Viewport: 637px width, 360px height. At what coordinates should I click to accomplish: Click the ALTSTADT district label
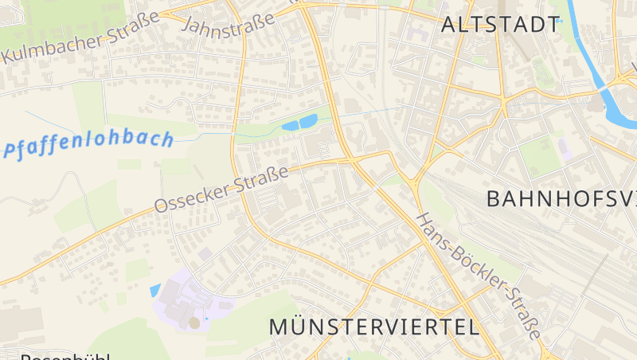point(501,24)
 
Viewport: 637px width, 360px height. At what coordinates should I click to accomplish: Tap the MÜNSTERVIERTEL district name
point(374,327)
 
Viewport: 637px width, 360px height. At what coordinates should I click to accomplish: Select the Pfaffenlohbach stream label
point(88,144)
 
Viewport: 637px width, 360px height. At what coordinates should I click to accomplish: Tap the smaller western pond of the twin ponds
point(288,126)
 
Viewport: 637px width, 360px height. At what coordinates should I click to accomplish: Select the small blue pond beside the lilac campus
point(154,291)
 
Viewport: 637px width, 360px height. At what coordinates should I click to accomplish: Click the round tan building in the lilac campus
point(194,323)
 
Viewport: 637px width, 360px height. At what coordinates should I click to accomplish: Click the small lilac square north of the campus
point(205,254)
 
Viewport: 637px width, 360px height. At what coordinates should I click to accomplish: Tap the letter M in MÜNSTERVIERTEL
point(278,327)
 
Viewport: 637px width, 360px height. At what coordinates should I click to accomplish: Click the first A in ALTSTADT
point(448,24)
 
